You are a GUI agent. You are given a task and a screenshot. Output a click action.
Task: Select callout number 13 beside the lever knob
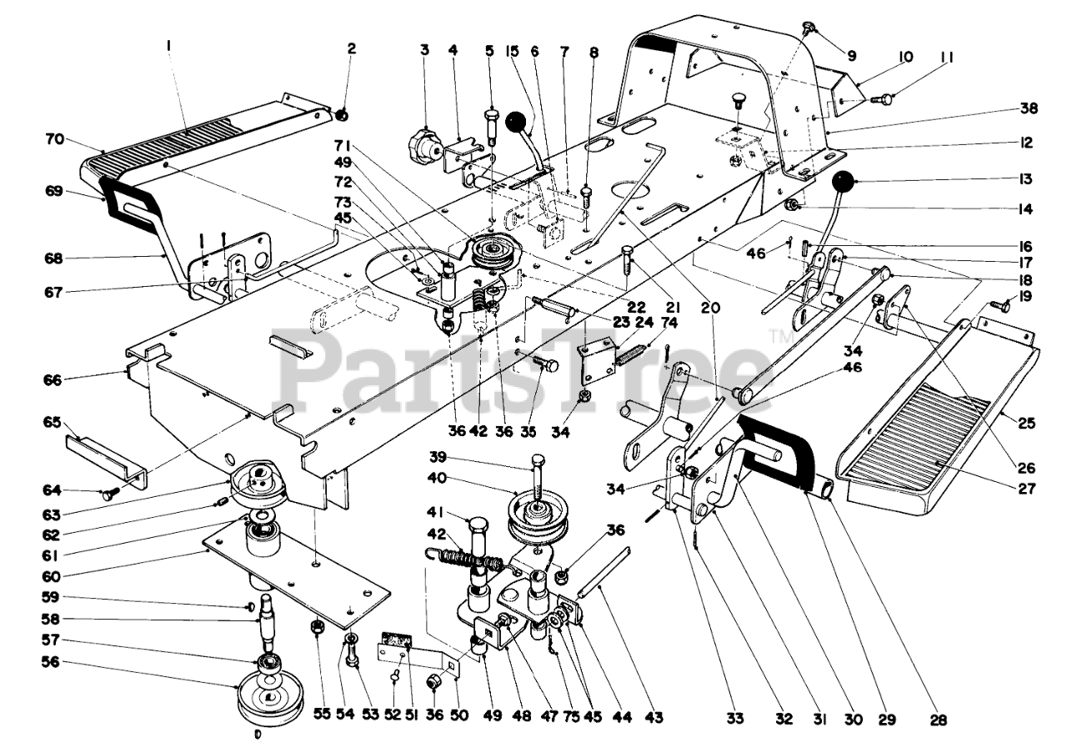pos(1024,180)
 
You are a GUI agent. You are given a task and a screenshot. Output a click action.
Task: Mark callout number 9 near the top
pos(852,56)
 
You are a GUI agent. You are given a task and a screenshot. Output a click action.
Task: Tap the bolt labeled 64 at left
pos(108,494)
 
